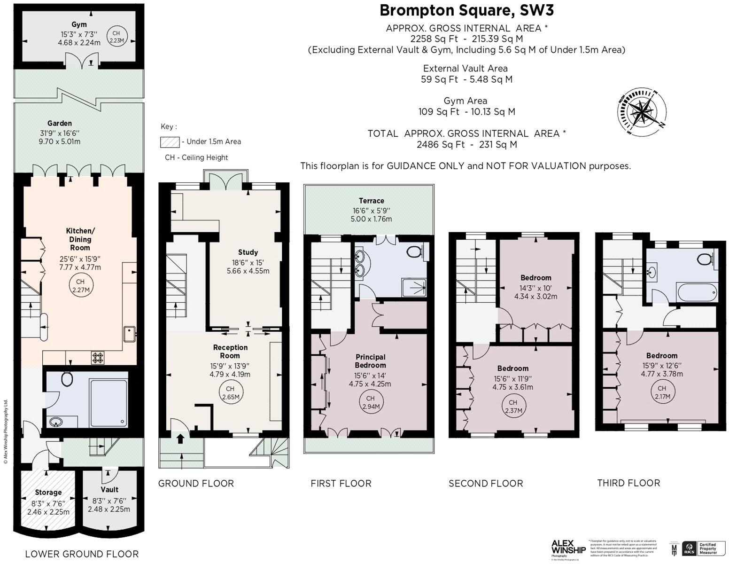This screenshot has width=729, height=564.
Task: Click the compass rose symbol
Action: tap(641, 112)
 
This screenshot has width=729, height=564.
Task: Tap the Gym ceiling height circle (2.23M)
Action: tap(116, 37)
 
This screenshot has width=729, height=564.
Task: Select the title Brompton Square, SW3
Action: tap(463, 10)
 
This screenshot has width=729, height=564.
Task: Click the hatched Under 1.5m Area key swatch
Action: tap(170, 141)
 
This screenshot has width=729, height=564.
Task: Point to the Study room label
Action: tap(248, 252)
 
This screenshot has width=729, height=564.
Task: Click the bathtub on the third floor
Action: tap(697, 293)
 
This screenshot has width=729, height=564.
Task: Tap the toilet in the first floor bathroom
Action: tap(414, 252)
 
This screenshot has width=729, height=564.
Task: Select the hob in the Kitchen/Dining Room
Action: tap(98, 358)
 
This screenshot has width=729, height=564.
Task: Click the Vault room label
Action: tap(109, 489)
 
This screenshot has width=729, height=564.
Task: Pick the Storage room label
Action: tap(48, 492)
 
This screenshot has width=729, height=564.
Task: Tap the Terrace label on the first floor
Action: tap(371, 201)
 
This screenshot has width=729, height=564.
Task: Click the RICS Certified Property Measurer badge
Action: tap(700, 548)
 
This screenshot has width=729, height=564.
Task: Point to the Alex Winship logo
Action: tap(568, 548)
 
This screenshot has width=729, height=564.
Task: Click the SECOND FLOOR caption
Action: tap(486, 483)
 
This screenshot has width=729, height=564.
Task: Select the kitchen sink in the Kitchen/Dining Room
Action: tap(129, 334)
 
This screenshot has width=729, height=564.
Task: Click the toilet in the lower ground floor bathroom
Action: tap(67, 378)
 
